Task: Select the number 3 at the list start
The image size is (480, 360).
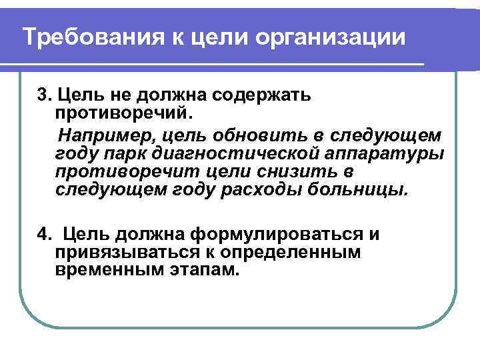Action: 42,93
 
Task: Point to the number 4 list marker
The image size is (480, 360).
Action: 43,235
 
